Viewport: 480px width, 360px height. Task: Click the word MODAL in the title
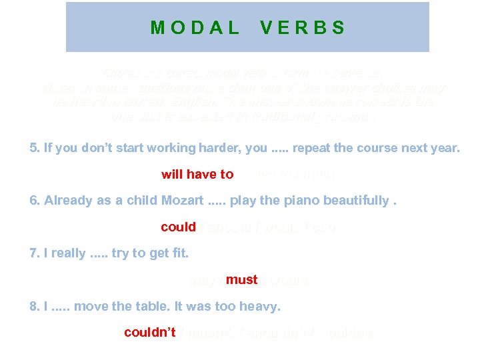(x=195, y=27)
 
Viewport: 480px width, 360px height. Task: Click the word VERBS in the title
(x=303, y=27)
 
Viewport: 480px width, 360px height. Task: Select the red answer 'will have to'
(x=197, y=175)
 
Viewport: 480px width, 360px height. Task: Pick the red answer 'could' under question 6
(x=178, y=227)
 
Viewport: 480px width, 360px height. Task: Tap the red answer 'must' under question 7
(x=241, y=280)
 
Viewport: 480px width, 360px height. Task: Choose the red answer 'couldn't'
(x=149, y=333)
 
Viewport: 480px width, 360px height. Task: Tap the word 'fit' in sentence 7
(x=180, y=253)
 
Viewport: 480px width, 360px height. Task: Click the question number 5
(x=35, y=148)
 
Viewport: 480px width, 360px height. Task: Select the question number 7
(x=35, y=253)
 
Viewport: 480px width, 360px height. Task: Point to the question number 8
(x=35, y=307)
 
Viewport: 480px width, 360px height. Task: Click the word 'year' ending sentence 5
(x=445, y=148)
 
